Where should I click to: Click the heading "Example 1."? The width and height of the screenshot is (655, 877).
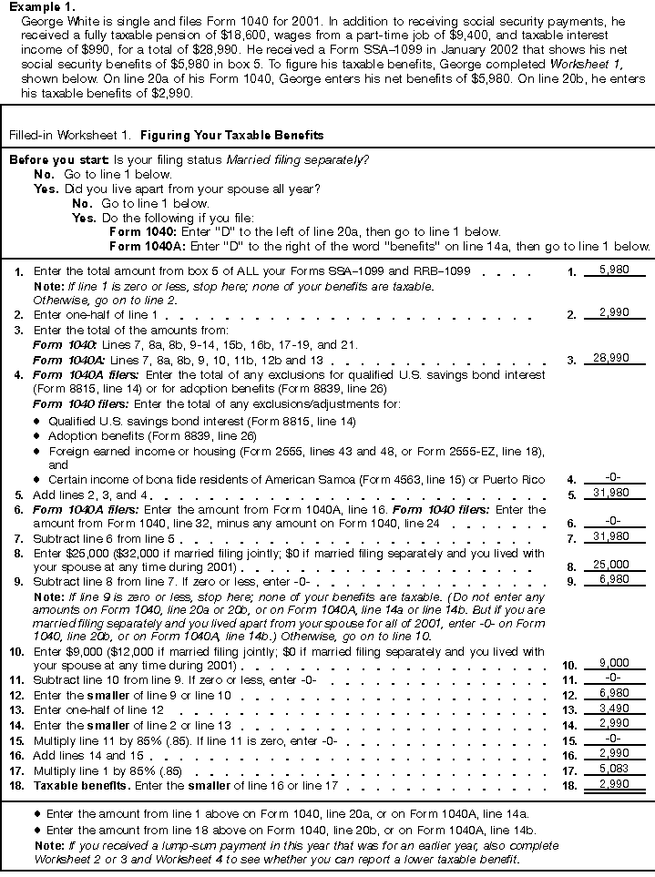pyautogui.click(x=36, y=6)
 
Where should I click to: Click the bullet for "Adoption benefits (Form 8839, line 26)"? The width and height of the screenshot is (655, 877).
pyautogui.click(x=37, y=436)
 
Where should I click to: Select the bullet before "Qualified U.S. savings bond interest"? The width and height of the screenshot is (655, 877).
pyautogui.click(x=37, y=422)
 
